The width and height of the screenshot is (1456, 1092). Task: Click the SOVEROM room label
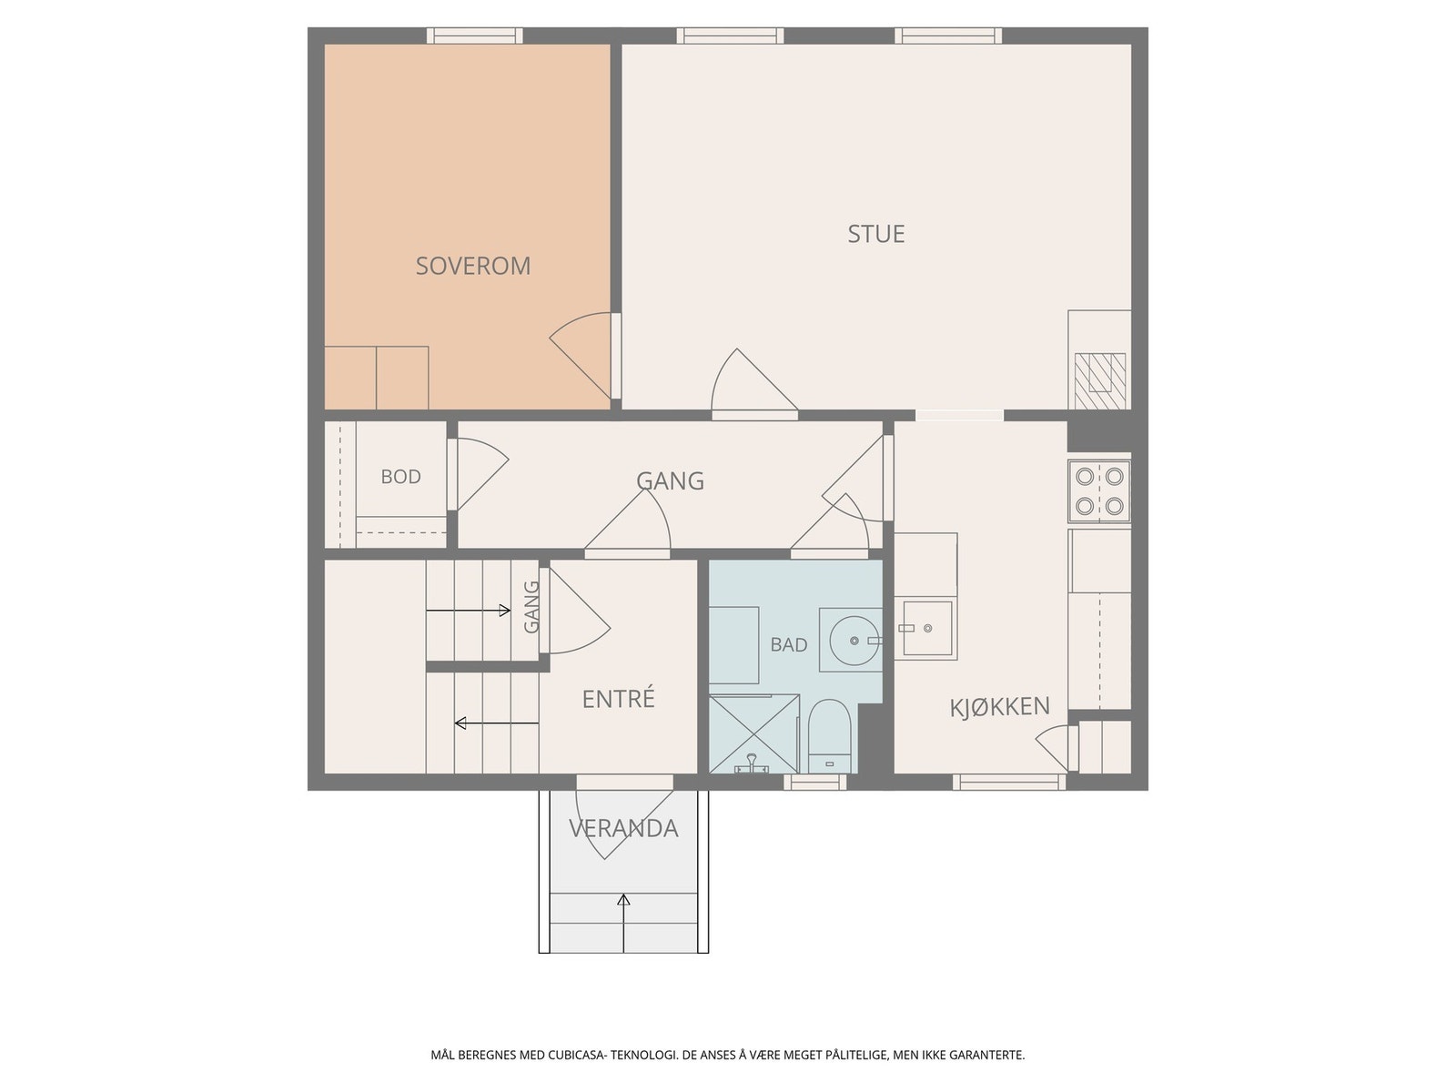(x=472, y=266)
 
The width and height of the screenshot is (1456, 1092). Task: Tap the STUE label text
(x=875, y=234)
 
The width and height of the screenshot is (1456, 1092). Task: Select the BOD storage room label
(x=400, y=477)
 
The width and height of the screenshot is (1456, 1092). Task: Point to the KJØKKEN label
(x=999, y=707)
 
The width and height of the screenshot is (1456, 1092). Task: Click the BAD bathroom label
(x=789, y=644)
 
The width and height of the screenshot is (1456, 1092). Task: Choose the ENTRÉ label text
(x=618, y=698)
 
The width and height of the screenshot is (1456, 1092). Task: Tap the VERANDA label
(x=623, y=828)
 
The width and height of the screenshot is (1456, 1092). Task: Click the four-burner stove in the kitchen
(x=1099, y=491)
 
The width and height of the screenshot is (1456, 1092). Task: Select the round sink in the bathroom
(x=854, y=640)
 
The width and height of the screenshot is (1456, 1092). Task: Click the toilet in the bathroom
(x=829, y=736)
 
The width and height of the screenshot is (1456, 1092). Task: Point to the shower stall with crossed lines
(x=754, y=734)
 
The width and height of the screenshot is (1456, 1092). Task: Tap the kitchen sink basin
(x=927, y=628)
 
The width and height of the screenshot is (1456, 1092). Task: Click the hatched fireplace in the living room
(x=1100, y=381)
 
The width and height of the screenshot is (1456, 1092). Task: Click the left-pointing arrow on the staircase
(x=496, y=723)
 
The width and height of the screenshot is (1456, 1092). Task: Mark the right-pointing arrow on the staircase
(x=469, y=610)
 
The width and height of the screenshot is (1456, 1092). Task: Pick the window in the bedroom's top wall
(x=473, y=35)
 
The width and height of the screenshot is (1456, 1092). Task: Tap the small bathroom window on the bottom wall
(x=814, y=783)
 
